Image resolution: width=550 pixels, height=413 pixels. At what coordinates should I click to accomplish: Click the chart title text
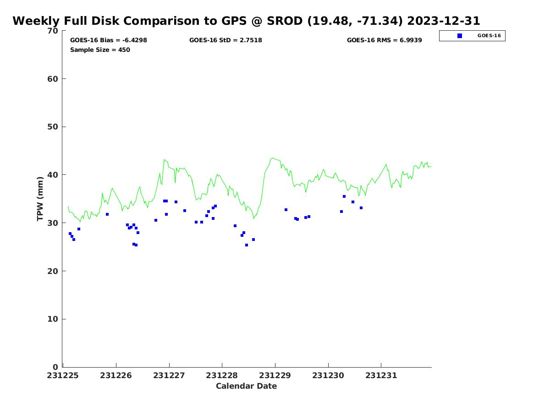[246, 21]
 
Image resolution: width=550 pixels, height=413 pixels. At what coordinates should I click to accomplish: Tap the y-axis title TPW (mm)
[40, 199]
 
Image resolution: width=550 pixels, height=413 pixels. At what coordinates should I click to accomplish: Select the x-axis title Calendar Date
[246, 386]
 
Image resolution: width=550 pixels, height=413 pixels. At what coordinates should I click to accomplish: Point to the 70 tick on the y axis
[53, 31]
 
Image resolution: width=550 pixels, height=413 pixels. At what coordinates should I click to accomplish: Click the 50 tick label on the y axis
[53, 127]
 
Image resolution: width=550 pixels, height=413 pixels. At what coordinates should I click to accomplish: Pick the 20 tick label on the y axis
[53, 271]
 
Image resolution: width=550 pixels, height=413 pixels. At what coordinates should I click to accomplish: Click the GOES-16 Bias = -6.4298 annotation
[109, 40]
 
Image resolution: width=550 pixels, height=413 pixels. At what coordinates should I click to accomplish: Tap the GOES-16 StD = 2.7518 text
[225, 40]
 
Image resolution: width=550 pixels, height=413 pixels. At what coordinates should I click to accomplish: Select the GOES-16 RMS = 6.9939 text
[384, 40]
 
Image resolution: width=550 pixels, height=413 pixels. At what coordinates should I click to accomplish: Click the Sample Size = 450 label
[100, 50]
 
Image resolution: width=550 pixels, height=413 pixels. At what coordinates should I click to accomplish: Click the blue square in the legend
[460, 36]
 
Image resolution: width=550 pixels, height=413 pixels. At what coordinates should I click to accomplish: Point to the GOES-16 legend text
[489, 36]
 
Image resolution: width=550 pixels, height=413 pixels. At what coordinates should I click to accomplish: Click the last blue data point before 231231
[361, 208]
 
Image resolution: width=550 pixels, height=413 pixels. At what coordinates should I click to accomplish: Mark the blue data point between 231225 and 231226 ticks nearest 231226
[107, 214]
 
